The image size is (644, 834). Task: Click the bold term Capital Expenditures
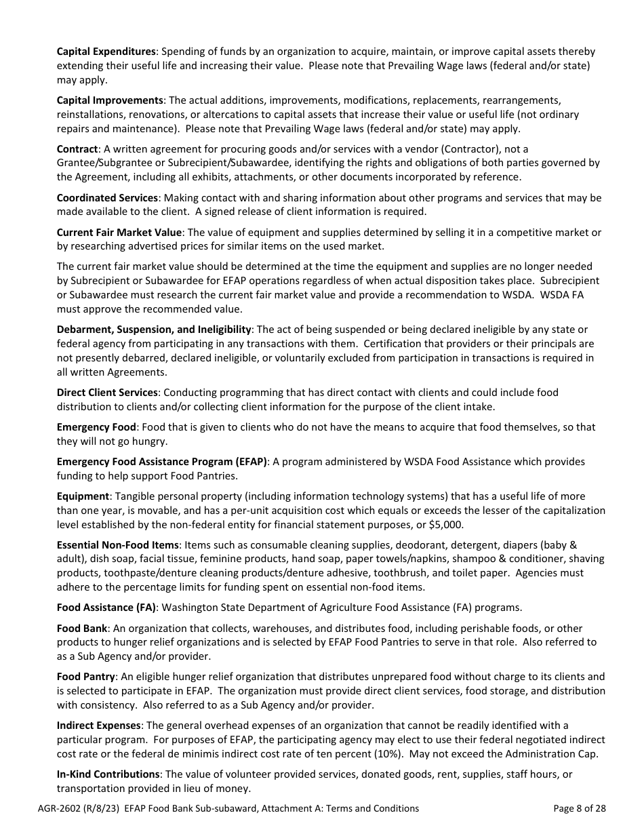click(x=106, y=52)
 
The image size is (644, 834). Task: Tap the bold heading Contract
click(x=78, y=148)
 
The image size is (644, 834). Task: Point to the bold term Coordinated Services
click(x=107, y=197)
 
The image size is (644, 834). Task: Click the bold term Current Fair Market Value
click(x=119, y=232)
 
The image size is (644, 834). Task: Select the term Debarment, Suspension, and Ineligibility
click(x=154, y=330)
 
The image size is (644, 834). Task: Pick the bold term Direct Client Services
click(x=107, y=393)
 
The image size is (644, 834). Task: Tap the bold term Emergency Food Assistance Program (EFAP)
click(x=162, y=462)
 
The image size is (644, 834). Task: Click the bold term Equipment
click(x=83, y=496)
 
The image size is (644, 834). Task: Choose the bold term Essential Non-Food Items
click(x=118, y=545)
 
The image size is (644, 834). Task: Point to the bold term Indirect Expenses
click(x=99, y=726)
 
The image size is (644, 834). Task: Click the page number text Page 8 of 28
click(x=579, y=808)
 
